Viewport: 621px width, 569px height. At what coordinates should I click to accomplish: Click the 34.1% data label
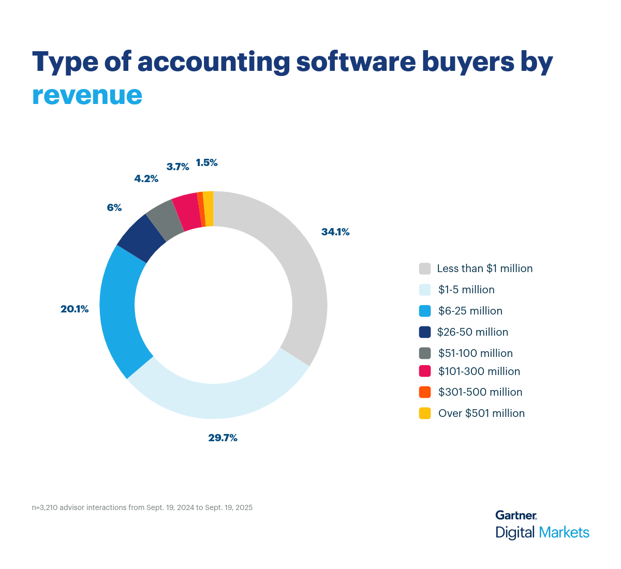pyautogui.click(x=335, y=232)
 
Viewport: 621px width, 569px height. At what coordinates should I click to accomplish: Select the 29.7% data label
pyautogui.click(x=223, y=438)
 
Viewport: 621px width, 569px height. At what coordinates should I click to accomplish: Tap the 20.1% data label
pyautogui.click(x=75, y=309)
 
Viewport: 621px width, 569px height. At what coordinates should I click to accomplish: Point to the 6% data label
pyautogui.click(x=114, y=208)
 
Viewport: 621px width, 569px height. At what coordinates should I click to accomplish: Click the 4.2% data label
pyautogui.click(x=146, y=179)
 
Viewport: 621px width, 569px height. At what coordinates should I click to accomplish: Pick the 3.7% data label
pyautogui.click(x=178, y=167)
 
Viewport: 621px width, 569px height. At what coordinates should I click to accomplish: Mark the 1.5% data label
pyautogui.click(x=206, y=163)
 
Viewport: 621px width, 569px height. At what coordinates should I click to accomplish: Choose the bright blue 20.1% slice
pyautogui.click(x=120, y=310)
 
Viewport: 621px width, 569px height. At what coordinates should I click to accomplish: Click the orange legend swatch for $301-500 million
pyautogui.click(x=425, y=392)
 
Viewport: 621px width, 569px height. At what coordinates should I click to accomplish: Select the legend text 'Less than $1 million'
pyautogui.click(x=484, y=268)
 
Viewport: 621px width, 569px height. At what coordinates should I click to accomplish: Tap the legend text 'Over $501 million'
pyautogui.click(x=481, y=413)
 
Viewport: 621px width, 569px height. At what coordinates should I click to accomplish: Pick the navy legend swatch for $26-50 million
pyautogui.click(x=425, y=332)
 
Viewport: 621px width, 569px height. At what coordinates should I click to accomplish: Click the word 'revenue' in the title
pyautogui.click(x=87, y=95)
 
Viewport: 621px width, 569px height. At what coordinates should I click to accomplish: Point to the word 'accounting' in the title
pyautogui.click(x=213, y=62)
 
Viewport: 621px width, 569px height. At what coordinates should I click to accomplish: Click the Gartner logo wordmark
pyautogui.click(x=516, y=515)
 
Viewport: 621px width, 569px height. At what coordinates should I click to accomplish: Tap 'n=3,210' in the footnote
pyautogui.click(x=45, y=507)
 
